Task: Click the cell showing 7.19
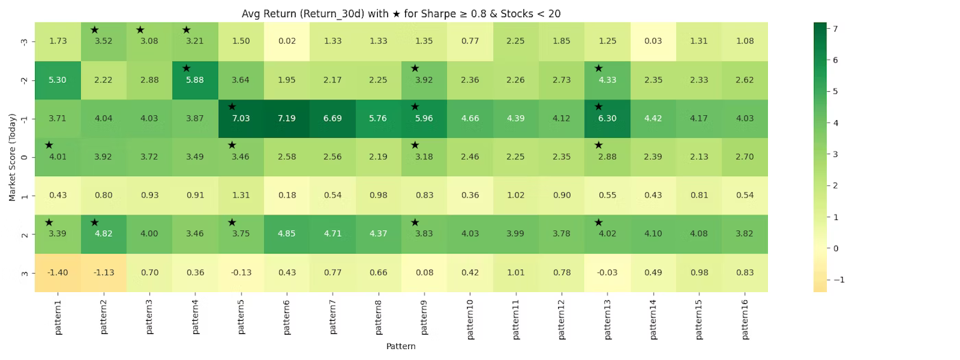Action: click(x=287, y=118)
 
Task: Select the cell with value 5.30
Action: click(x=58, y=80)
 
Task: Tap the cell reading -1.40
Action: click(x=58, y=272)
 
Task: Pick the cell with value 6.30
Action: click(x=607, y=118)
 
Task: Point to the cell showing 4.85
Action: click(x=287, y=234)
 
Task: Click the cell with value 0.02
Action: click(x=287, y=41)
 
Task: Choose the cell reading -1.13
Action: click(x=104, y=272)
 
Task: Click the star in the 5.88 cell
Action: click(x=187, y=68)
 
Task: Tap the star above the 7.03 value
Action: click(x=232, y=106)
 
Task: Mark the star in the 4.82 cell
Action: click(x=95, y=222)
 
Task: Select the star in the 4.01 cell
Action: click(x=49, y=145)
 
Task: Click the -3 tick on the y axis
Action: click(x=25, y=41)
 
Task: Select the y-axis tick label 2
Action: click(x=25, y=234)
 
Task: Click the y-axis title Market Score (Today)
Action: click(x=12, y=156)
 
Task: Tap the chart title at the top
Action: click(x=401, y=13)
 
